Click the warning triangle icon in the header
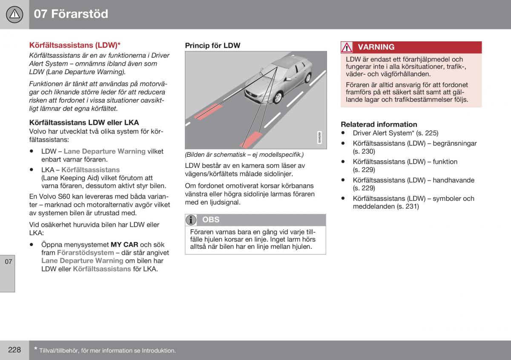[x=14, y=14]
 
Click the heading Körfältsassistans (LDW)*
[x=75, y=45]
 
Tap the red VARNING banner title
[x=376, y=47]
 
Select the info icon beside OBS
[x=192, y=220]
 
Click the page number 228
[x=14, y=350]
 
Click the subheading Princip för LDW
[x=212, y=45]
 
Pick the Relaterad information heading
[x=379, y=124]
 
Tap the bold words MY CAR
[x=124, y=245]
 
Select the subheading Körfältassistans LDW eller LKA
[x=84, y=122]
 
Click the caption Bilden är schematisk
[x=244, y=154]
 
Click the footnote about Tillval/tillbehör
[x=107, y=350]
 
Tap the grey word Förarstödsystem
[x=85, y=253]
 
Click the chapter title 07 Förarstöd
[x=71, y=14]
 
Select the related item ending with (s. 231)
[x=413, y=202]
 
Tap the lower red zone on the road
[x=251, y=140]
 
